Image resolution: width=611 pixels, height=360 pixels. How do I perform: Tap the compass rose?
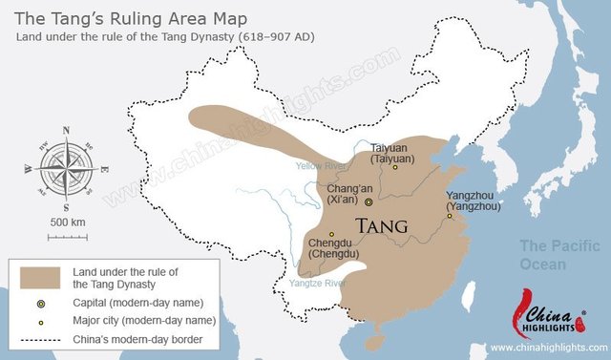click(x=66, y=167)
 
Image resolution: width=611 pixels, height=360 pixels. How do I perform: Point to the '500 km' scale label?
click(x=66, y=222)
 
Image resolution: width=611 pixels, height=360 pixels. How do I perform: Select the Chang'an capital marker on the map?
click(x=369, y=201)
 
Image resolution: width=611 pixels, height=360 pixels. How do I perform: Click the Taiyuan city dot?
click(x=395, y=167)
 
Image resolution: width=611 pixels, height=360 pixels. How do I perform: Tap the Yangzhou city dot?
click(x=450, y=216)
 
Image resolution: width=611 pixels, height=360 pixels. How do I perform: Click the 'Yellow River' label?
click(x=320, y=165)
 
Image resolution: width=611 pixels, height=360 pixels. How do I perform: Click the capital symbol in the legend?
click(x=40, y=303)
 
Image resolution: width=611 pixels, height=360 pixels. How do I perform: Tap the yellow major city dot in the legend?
click(x=40, y=321)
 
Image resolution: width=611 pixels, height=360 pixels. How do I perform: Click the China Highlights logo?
click(x=551, y=318)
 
